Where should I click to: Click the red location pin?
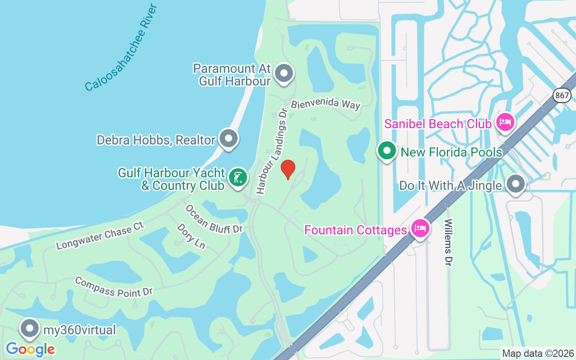click(288, 169)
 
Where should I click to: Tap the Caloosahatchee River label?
click(121, 47)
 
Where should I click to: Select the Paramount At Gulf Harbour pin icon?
click(284, 73)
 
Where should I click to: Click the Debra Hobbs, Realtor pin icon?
click(229, 138)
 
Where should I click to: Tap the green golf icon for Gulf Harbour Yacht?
click(238, 177)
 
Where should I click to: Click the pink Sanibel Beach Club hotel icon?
click(505, 121)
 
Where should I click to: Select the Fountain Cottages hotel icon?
click(420, 228)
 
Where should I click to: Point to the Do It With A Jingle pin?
click(516, 184)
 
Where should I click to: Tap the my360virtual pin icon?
click(30, 328)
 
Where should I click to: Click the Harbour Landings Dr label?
click(271, 152)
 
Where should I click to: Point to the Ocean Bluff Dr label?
click(214, 219)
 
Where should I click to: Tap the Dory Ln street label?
click(191, 235)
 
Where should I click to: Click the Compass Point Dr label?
click(114, 287)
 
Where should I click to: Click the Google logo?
click(30, 349)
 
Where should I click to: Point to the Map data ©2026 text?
click(538, 353)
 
